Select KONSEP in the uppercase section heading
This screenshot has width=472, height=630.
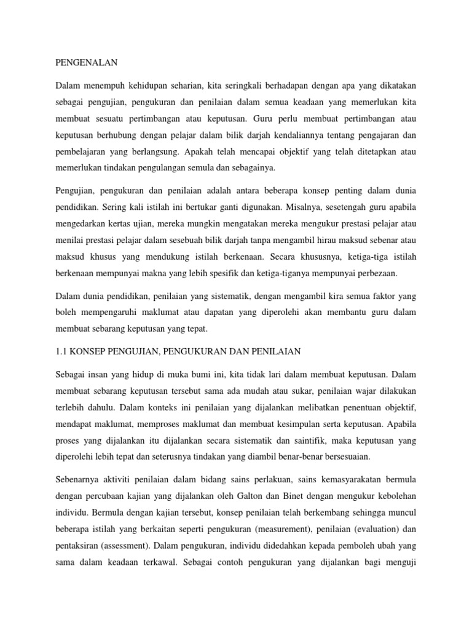[93, 351]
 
